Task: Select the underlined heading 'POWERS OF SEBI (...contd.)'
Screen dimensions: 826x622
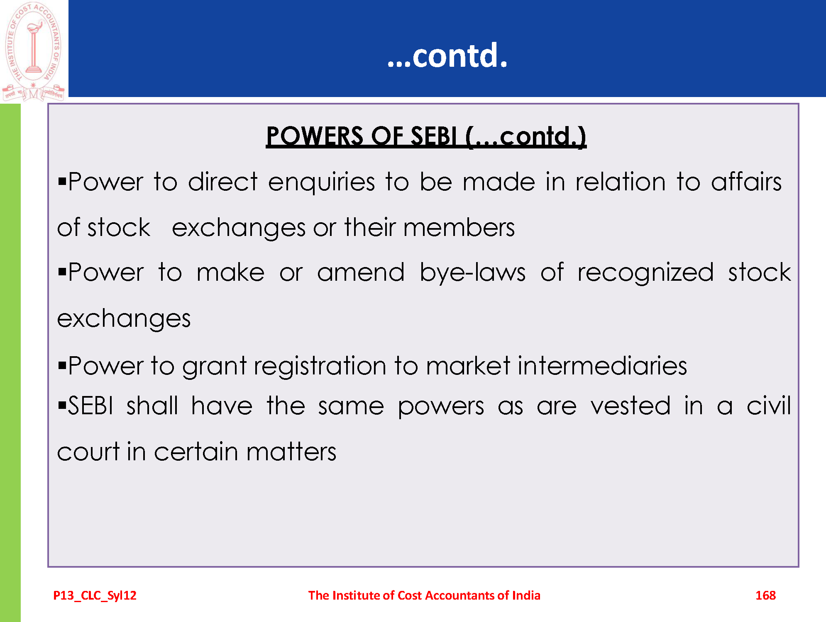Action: [x=426, y=136]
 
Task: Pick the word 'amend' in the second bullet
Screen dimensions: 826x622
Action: [x=361, y=272]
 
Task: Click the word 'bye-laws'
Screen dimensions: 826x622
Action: [x=472, y=273]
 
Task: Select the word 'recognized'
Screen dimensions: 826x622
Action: [x=645, y=273]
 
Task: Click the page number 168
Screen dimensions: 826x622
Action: [x=765, y=595]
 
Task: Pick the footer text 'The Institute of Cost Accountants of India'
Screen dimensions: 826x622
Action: [x=424, y=595]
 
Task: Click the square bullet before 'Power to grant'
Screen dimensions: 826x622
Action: [x=62, y=366]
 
